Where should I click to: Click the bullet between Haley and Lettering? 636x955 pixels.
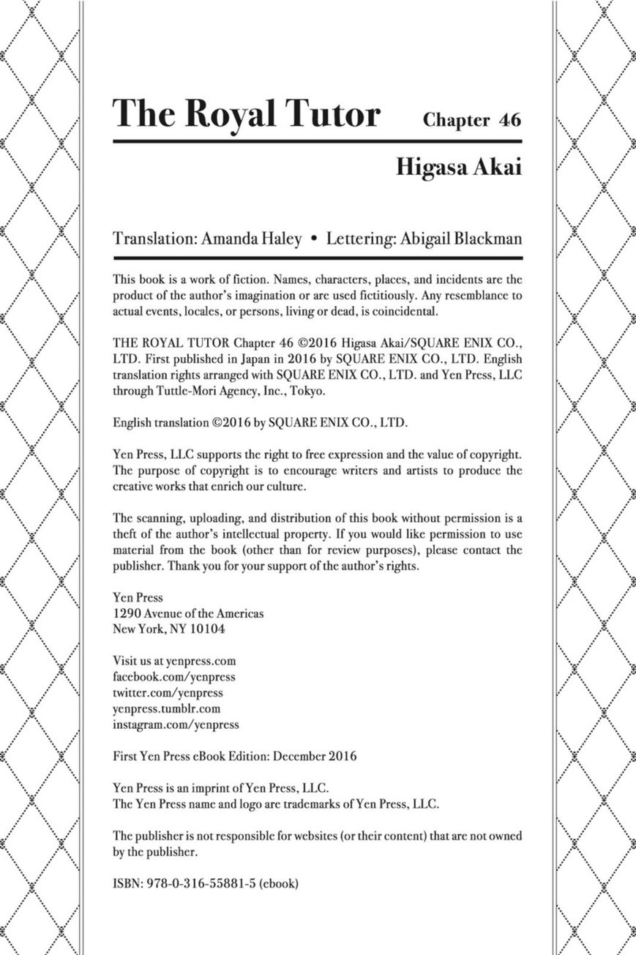coord(314,240)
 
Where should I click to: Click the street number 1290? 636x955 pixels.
coord(127,613)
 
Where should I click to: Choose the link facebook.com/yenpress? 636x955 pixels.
coord(174,677)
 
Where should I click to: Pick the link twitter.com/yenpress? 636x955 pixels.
coord(168,692)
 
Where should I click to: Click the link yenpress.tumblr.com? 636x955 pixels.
coord(166,708)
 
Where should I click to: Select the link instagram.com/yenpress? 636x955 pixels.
coord(176,724)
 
